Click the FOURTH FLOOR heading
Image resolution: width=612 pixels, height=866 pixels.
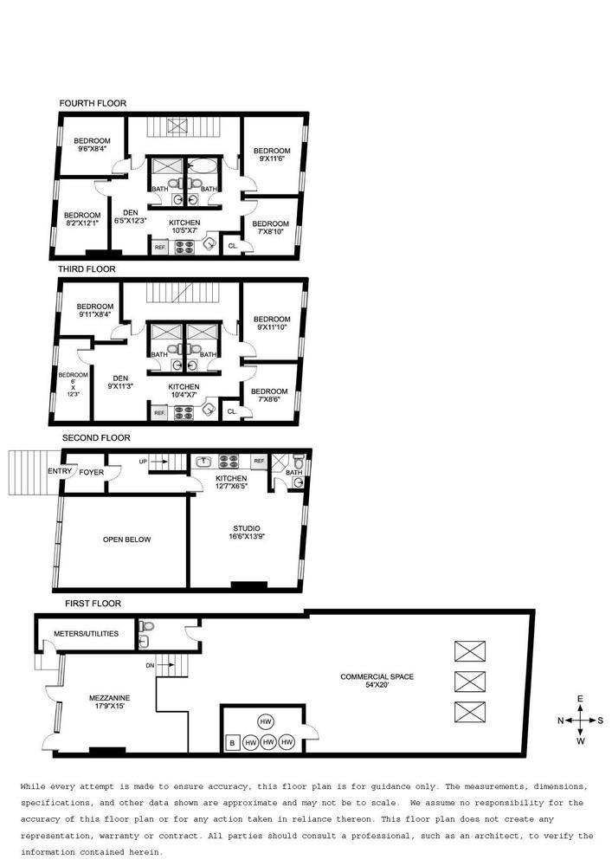tap(93, 103)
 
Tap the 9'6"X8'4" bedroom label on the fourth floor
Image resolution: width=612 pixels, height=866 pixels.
tap(92, 145)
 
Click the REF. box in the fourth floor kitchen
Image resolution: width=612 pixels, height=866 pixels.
tap(160, 247)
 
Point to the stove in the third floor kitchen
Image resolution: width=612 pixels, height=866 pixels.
tap(184, 412)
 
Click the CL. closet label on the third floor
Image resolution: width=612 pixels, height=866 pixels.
tap(232, 411)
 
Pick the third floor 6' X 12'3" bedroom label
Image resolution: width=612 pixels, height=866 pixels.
tap(74, 385)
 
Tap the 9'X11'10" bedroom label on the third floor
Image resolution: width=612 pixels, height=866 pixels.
tap(272, 323)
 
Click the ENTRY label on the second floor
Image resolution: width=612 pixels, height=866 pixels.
tap(60, 471)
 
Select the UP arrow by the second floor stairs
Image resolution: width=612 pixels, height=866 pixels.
tap(158, 461)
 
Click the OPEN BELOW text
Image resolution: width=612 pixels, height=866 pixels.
tap(126, 540)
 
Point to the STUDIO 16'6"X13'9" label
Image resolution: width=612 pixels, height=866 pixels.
tap(247, 532)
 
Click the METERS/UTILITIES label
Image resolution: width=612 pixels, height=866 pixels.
tap(86, 634)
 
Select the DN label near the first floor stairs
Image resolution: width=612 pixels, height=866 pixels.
tap(150, 665)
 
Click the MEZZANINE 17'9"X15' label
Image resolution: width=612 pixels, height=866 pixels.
tap(109, 701)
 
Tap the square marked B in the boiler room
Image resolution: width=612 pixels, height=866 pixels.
tap(232, 743)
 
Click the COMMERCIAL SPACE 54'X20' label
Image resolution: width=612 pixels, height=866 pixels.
tap(377, 681)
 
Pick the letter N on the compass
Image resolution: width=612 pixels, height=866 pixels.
tap(561, 721)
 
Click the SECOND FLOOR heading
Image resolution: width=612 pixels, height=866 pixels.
tap(96, 437)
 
